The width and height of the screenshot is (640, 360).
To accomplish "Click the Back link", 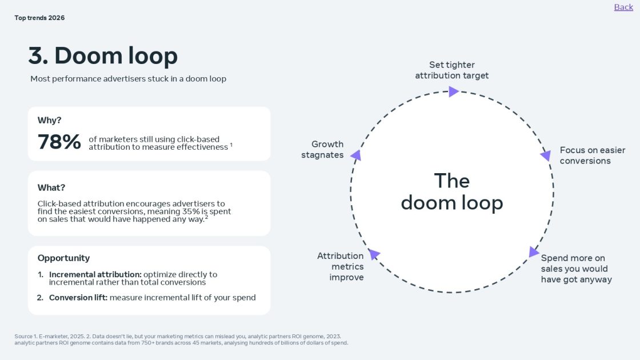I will (x=623, y=7).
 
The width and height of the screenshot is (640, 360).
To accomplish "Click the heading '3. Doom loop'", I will (x=103, y=56).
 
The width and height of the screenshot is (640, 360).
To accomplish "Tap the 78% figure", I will (x=59, y=142).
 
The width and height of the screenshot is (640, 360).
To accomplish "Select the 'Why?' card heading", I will (x=50, y=120).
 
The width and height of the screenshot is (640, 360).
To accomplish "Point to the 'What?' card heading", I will (x=51, y=187).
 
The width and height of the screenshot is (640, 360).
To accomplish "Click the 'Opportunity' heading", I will (x=63, y=258).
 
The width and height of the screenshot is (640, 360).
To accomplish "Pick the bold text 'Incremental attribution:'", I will (x=95, y=274).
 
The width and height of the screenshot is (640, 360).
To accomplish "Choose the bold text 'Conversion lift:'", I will (x=78, y=297).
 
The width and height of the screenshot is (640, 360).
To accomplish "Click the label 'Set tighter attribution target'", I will (x=452, y=70).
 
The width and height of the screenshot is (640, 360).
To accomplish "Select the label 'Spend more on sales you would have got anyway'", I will (x=576, y=269).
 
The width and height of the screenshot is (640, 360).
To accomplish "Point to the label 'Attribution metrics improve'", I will (x=341, y=266).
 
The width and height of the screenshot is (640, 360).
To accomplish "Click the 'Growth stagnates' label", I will (x=323, y=150).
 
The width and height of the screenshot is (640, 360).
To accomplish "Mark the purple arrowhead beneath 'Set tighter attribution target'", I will (x=454, y=91).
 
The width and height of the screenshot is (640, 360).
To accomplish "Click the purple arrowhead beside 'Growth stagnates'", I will (x=355, y=155).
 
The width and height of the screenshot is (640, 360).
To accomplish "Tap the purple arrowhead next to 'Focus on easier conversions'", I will (x=546, y=155).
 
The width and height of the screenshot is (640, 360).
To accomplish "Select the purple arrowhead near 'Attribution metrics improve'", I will (x=374, y=254).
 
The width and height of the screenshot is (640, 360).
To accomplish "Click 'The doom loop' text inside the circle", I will (x=452, y=191).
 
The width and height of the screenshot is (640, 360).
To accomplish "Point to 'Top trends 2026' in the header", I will (x=39, y=18).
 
